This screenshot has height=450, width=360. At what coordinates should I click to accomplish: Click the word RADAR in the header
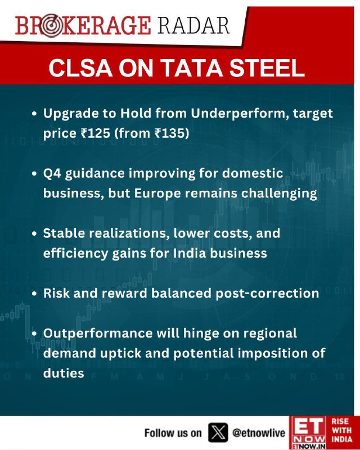click(x=193, y=25)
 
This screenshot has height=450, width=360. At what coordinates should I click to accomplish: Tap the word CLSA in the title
click(x=80, y=67)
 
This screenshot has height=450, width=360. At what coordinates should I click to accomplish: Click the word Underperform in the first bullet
click(x=240, y=114)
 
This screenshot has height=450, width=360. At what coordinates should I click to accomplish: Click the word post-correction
click(x=267, y=294)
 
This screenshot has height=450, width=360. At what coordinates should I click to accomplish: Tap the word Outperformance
click(x=98, y=334)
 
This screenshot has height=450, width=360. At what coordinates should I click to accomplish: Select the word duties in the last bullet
click(x=64, y=373)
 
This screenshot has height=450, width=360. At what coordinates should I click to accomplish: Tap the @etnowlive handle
click(x=259, y=433)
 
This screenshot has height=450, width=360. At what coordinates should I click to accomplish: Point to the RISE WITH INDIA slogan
click(x=342, y=430)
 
